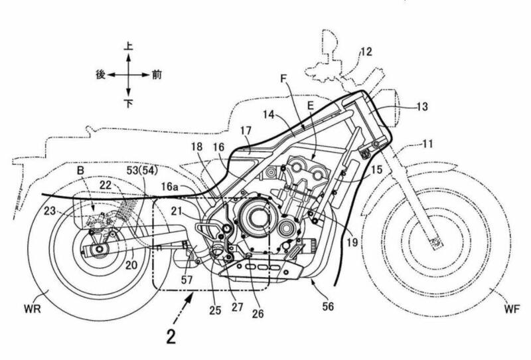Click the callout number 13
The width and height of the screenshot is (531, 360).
[x=421, y=106]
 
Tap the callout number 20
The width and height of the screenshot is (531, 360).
[x=131, y=264]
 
